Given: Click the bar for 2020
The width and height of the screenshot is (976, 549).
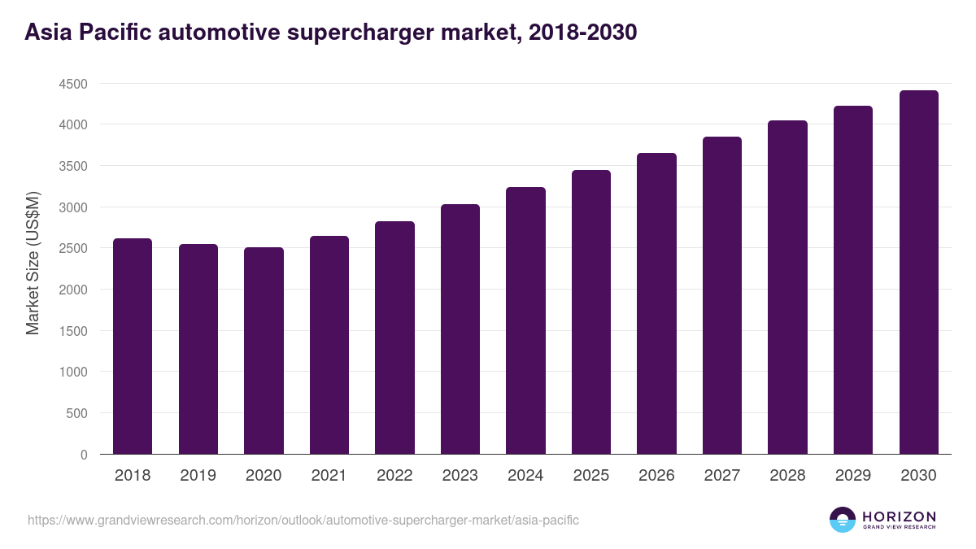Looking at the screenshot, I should (x=264, y=351).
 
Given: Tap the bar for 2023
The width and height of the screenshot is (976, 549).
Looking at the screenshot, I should (x=460, y=329).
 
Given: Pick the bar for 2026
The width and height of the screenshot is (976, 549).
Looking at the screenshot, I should (x=656, y=303).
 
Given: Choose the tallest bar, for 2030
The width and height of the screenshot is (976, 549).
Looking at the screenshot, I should (x=918, y=272).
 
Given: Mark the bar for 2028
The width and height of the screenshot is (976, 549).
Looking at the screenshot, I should (x=787, y=287).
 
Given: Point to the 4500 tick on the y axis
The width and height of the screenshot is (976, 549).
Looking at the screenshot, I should (x=72, y=84).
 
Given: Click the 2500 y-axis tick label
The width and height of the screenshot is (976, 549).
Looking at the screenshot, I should (x=72, y=248).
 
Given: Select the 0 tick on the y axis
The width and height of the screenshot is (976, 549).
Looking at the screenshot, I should (x=84, y=455).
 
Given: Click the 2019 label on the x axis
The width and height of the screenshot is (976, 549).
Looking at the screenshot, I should (x=198, y=476).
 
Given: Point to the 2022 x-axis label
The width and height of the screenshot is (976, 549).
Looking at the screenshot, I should (x=394, y=476).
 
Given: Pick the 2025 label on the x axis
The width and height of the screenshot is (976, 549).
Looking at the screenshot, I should (x=591, y=476).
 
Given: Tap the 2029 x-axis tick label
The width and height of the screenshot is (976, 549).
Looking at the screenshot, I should (x=853, y=476).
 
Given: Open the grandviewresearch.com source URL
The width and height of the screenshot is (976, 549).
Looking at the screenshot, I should (x=303, y=520).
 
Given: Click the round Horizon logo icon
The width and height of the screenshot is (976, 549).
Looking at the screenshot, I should (x=843, y=520).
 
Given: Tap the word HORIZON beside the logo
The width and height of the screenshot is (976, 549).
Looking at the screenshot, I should (x=899, y=516).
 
